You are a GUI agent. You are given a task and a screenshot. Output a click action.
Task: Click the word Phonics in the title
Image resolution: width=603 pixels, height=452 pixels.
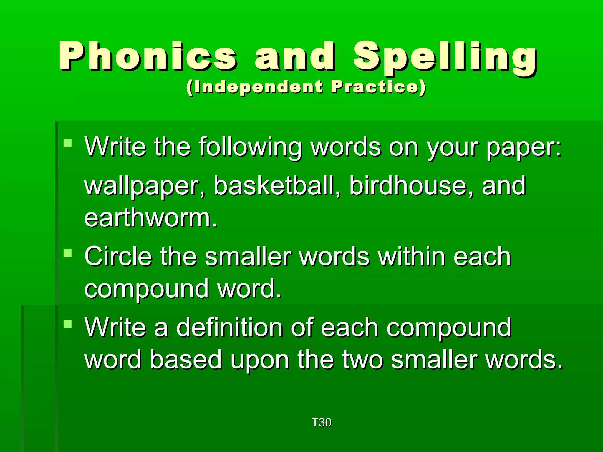[x=147, y=56]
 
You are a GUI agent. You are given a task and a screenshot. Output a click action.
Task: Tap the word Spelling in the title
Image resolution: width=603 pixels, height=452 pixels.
[x=445, y=57]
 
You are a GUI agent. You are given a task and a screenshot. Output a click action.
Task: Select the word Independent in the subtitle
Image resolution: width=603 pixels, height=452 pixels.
[x=255, y=87]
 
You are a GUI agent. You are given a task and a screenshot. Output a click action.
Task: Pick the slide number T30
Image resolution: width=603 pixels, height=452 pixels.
[x=321, y=423]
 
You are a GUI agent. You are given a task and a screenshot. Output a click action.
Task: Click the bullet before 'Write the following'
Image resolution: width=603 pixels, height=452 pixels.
[x=68, y=143]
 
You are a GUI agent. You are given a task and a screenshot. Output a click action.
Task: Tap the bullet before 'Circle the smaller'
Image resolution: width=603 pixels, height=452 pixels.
[x=68, y=253]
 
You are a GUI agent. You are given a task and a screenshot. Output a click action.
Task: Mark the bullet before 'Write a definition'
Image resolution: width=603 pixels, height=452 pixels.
[x=68, y=324]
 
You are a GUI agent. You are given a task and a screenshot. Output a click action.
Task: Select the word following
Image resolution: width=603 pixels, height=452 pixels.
[x=250, y=147]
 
